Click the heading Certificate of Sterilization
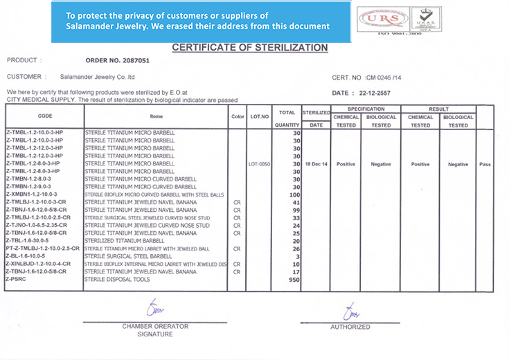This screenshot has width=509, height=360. pyautogui.click(x=249, y=48)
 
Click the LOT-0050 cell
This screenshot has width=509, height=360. pyautogui.click(x=259, y=164)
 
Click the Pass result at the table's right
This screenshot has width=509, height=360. pyautogui.click(x=484, y=164)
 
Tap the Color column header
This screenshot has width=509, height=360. pyautogui.click(x=238, y=116)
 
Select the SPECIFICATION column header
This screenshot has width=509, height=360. pyautogui.click(x=366, y=109)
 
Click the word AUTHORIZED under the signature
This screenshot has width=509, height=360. pyautogui.click(x=350, y=326)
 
